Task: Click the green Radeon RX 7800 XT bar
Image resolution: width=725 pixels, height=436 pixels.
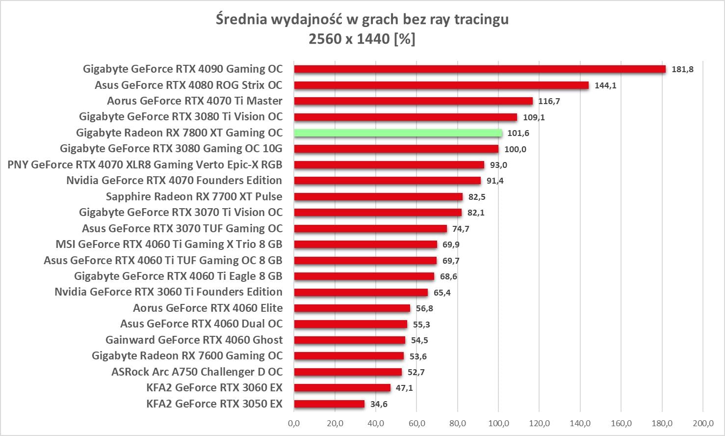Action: [x=398, y=133]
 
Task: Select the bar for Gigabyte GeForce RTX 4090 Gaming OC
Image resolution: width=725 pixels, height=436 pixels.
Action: [x=480, y=69]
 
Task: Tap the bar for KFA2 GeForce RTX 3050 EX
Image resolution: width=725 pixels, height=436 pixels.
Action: [x=329, y=404]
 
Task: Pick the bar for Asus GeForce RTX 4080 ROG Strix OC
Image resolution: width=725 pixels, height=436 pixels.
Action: [x=441, y=85]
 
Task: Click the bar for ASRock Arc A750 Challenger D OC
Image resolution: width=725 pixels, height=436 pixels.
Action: [x=348, y=372]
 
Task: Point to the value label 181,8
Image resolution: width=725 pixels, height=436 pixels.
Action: [x=682, y=69]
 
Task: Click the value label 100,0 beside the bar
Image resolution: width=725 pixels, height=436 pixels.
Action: [x=515, y=149]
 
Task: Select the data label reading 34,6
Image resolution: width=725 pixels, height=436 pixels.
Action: [x=379, y=404]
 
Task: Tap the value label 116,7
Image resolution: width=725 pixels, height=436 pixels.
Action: [x=549, y=101]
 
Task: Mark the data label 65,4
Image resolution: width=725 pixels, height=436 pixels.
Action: [x=442, y=293]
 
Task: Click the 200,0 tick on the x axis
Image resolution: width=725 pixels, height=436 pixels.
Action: [x=702, y=423]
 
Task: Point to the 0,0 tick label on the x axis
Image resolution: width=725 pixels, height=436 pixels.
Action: [x=294, y=423]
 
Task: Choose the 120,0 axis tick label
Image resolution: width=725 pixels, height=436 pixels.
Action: [x=539, y=423]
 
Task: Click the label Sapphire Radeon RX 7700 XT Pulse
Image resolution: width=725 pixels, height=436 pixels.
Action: [x=194, y=197]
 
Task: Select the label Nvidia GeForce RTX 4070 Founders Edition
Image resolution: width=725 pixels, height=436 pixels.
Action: [x=174, y=181]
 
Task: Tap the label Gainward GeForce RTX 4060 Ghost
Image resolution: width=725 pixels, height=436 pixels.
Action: [x=194, y=340]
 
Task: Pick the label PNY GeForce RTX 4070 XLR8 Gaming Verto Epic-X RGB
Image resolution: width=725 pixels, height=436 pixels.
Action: [x=145, y=165]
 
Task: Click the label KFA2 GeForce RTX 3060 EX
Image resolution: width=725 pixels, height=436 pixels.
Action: [x=214, y=388]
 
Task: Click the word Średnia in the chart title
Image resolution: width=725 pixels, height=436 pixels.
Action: [x=241, y=20]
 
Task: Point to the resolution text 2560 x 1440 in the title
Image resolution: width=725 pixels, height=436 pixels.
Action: [x=349, y=39]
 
